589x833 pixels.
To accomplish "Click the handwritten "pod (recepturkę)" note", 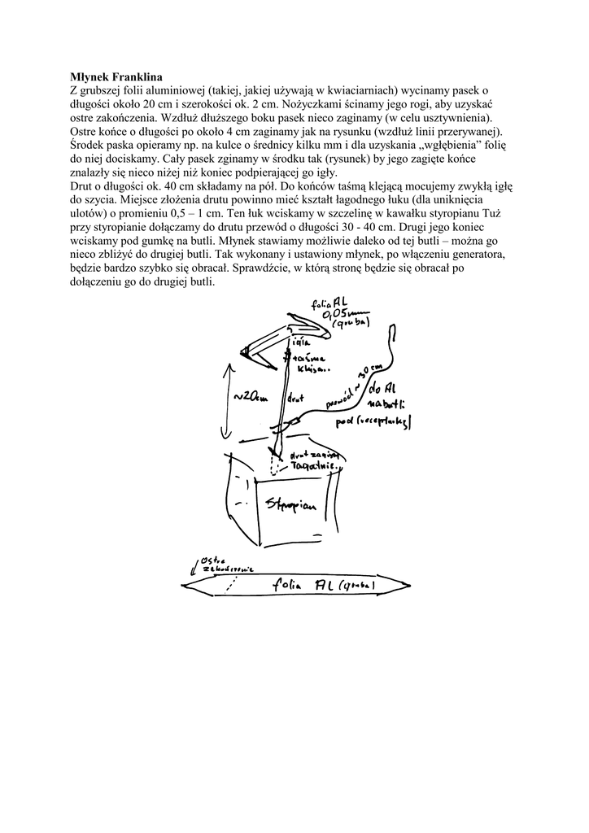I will [378, 422].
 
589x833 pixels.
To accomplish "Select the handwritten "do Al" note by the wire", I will [383, 387].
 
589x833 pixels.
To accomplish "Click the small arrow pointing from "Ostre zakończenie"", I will [193, 564].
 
